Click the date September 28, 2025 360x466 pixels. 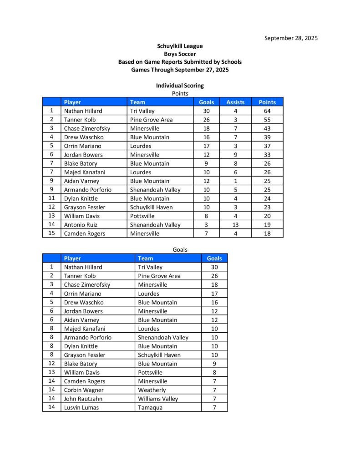coord(291,38)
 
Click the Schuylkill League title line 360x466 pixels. coord(180,46)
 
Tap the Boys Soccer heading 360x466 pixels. coord(180,54)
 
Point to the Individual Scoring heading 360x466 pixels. coord(180,86)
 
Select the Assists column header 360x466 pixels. coord(235,102)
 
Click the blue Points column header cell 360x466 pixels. coord(267,102)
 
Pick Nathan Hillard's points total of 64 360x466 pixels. coord(267,111)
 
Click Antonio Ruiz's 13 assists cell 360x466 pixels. coord(235,225)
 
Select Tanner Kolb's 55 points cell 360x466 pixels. coord(267,120)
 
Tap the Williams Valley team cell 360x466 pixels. coord(158,399)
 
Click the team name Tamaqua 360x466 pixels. coord(150,408)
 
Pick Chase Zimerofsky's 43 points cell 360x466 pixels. coord(267,128)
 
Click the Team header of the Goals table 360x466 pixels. coord(146,258)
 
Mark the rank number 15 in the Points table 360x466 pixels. coord(51,233)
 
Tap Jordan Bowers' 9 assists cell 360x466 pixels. coord(235,155)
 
